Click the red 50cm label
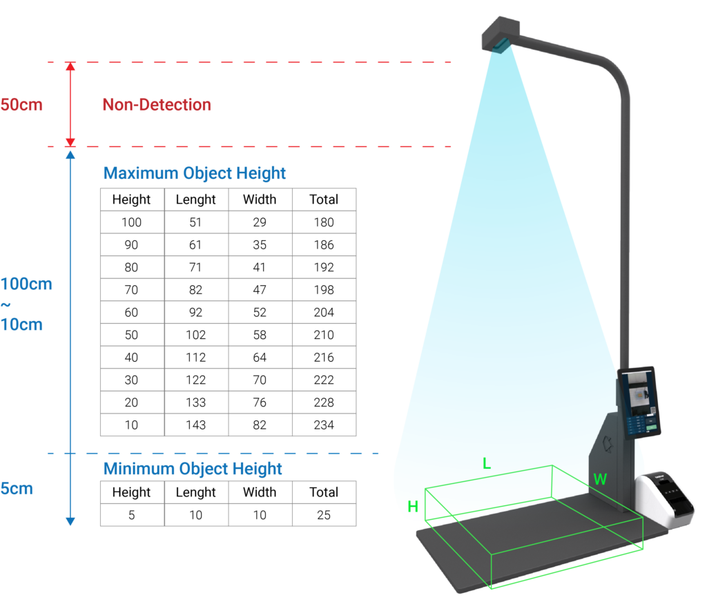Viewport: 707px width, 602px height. (21, 106)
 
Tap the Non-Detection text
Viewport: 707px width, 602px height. (157, 105)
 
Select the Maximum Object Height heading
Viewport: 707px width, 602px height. (194, 173)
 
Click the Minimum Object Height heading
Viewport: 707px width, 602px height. (193, 469)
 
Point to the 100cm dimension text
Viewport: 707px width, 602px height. (26, 284)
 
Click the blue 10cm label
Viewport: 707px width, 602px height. (21, 324)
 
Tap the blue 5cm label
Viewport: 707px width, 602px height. (17, 489)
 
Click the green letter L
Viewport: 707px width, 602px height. (487, 464)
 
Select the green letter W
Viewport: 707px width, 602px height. (600, 479)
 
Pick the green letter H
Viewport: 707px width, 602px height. (413, 506)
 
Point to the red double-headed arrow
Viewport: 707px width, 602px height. (70, 104)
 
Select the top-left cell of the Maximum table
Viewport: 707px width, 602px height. (133, 200)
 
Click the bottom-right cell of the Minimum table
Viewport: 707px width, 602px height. (324, 515)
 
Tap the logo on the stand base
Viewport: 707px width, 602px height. (608, 442)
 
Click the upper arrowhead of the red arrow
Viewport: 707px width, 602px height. (70, 67)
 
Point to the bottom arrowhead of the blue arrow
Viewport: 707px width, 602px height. (70, 521)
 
